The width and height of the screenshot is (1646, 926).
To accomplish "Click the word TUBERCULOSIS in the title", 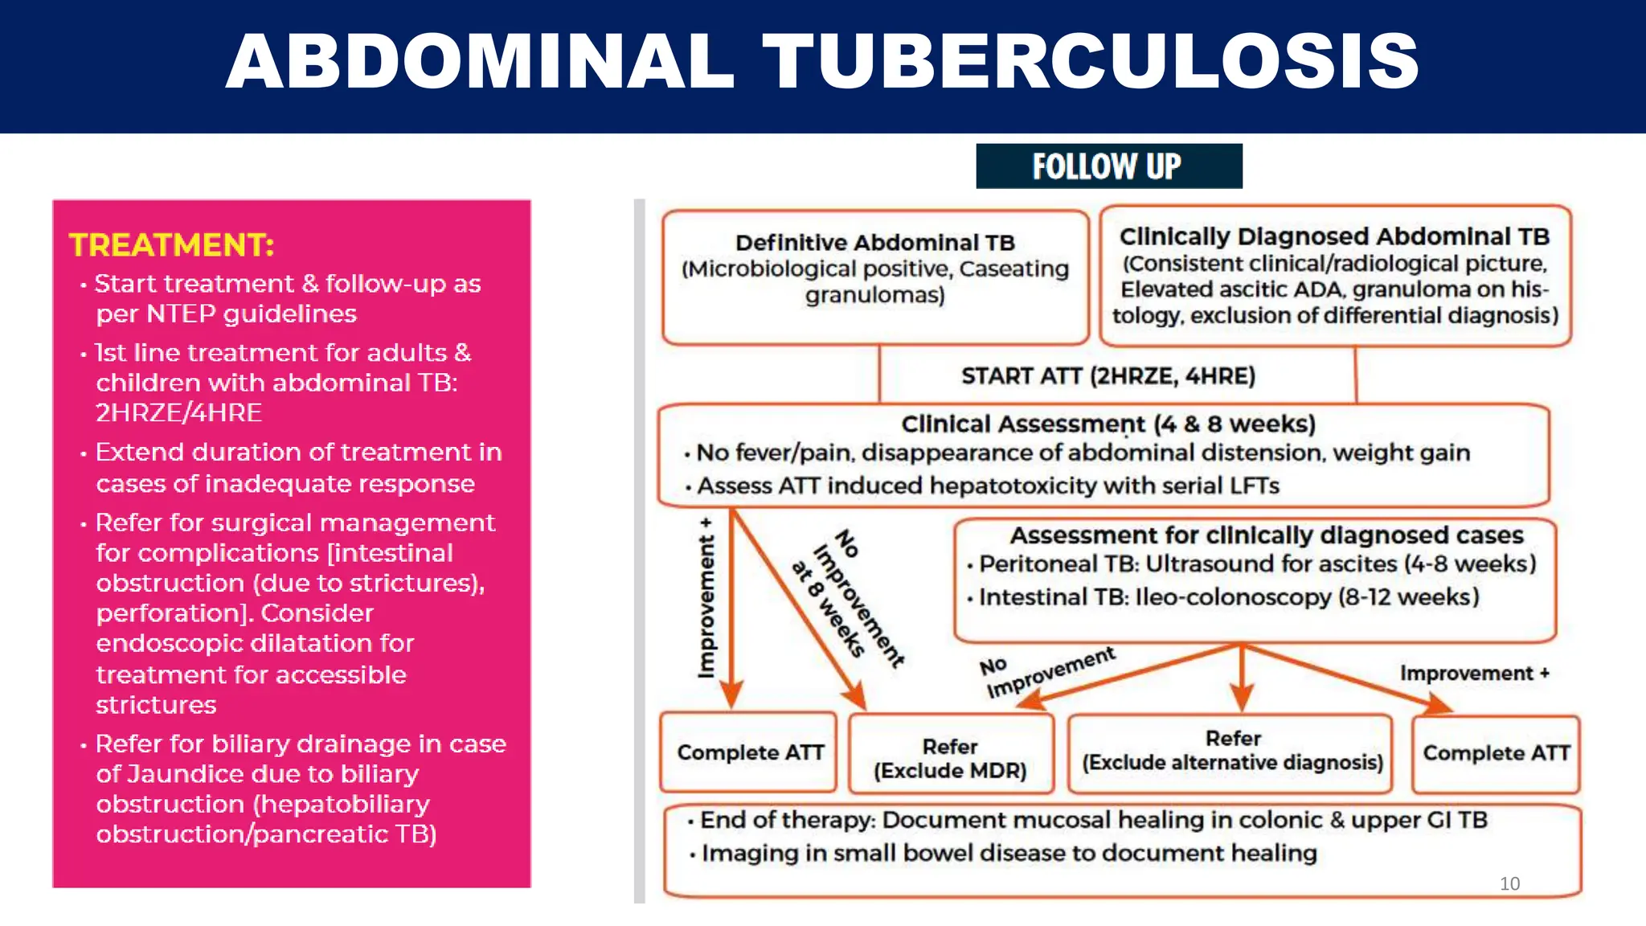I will (1091, 62).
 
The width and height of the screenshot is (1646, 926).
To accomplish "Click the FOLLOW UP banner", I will (1108, 166).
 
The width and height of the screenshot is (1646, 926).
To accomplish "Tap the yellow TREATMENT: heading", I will (171, 245).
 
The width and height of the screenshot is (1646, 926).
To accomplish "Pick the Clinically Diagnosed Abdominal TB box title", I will (1334, 237).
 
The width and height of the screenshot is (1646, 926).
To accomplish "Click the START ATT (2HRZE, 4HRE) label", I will (1108, 376).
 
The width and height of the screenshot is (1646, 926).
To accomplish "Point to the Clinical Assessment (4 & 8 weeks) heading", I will (1108, 424).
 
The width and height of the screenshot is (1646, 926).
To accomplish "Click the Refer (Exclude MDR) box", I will (950, 758).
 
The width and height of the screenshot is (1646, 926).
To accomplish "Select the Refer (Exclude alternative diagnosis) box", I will (1232, 752).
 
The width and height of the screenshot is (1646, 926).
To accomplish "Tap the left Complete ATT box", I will (750, 753).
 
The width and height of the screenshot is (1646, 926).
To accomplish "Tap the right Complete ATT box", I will (1496, 753).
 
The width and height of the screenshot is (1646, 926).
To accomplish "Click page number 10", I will (1509, 883).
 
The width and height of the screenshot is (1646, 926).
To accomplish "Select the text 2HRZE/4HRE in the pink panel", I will (178, 413).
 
